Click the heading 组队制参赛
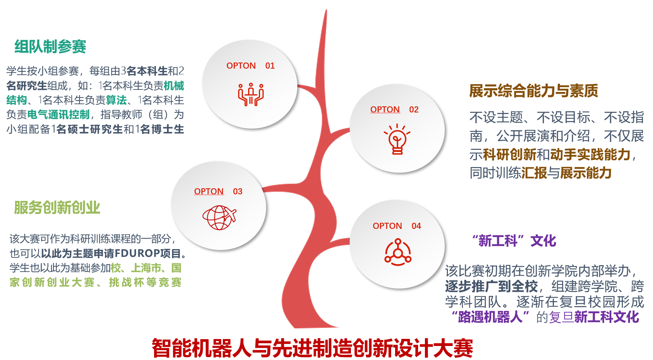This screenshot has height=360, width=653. tap(50, 47)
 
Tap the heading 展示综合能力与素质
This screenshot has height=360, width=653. tap(534, 91)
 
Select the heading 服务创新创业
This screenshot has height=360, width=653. tap(57, 208)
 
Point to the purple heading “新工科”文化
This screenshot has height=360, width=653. tap(514, 241)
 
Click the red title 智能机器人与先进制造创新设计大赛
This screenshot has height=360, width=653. tap(312, 348)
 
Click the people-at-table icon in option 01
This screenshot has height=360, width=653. tap(251, 94)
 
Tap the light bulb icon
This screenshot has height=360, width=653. tap(397, 139)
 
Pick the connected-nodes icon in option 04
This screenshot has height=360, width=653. tap(398, 252)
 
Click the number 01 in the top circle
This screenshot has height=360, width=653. tap(270, 66)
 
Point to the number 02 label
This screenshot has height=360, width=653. tap(414, 110)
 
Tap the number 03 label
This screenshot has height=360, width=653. tap(238, 191)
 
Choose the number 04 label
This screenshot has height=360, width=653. tap(416, 226)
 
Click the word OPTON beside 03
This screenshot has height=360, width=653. tap(209, 191)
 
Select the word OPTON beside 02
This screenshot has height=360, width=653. tap(385, 110)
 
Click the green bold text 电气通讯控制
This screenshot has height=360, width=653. tap(59, 115)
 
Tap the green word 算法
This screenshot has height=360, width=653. tap(116, 100)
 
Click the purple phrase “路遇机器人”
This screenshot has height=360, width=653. tap(490, 317)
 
